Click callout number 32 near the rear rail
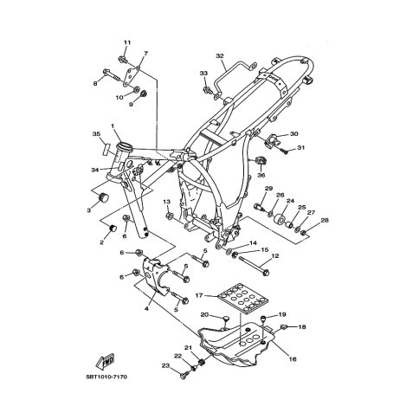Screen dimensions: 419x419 click(x=220, y=56)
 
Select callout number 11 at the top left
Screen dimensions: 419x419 click(x=126, y=43)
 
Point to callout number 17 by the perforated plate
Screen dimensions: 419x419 click(x=198, y=295)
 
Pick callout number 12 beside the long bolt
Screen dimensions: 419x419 click(x=274, y=256)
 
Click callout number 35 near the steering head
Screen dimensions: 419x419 click(x=98, y=134)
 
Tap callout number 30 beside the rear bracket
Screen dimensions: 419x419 click(x=293, y=134)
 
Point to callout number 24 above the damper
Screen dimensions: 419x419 click(x=291, y=201)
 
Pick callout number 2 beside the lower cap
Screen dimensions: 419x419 click(x=101, y=242)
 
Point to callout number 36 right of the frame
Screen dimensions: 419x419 click(x=261, y=175)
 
